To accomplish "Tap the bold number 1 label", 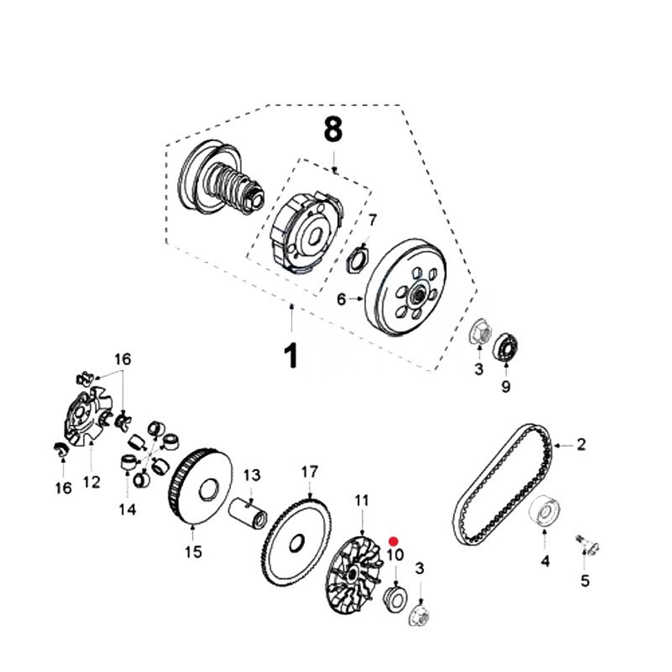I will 291,355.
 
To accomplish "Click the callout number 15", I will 194,551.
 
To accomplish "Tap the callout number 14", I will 127,509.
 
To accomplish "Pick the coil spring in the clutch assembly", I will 229,182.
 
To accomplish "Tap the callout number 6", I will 341,299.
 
